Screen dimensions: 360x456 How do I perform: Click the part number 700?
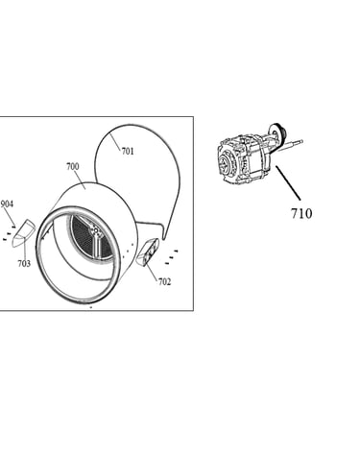coord(73,166)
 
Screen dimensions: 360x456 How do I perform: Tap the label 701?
coord(128,151)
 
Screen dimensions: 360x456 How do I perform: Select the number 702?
coord(164,281)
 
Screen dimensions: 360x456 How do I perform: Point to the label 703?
coord(24,263)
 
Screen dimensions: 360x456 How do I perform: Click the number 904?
coord(7,204)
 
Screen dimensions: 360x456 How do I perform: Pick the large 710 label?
coord(301,213)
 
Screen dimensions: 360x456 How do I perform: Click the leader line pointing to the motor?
coord(288,182)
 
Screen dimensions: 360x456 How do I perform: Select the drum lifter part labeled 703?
coord(23,233)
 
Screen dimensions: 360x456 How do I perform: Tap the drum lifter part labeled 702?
coord(147,252)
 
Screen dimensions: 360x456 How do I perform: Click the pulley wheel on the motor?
coord(277,132)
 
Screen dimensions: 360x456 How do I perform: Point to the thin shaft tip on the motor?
coord(300,141)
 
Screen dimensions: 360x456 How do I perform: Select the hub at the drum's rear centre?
coord(95,231)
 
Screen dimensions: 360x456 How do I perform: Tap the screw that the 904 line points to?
coord(13,227)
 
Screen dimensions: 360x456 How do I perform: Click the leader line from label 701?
coord(116,142)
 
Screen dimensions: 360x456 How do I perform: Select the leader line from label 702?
coord(152,270)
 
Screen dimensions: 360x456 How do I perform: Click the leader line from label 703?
coord(26,250)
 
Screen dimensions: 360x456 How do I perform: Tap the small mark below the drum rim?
coord(91,307)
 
